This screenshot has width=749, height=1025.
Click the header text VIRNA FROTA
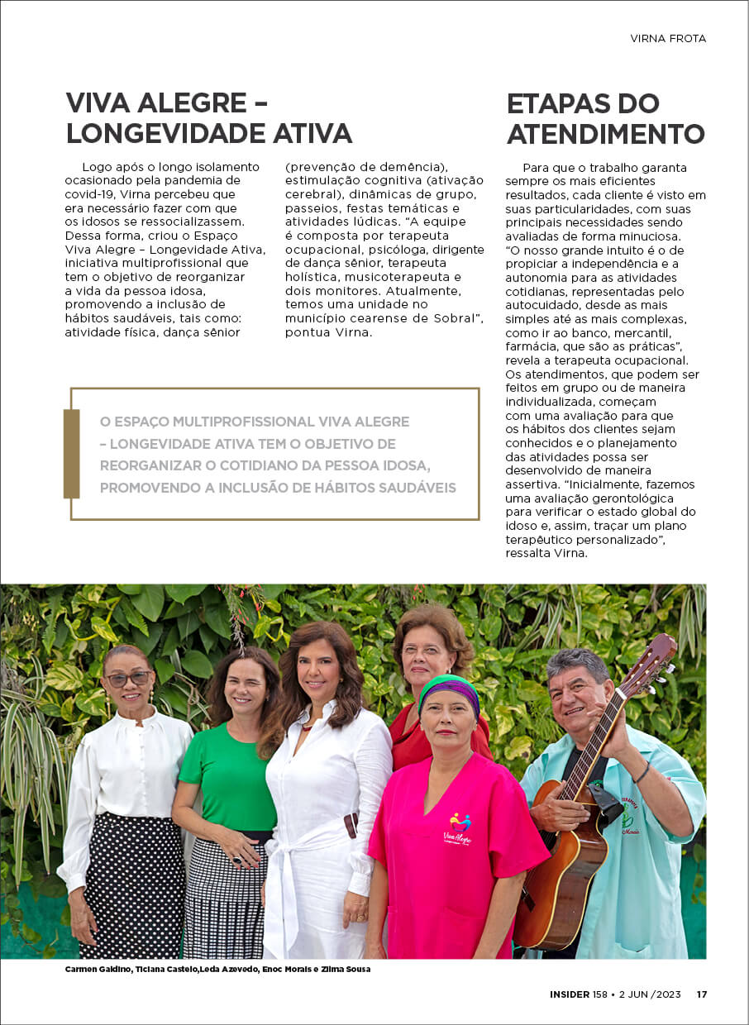pos(668,38)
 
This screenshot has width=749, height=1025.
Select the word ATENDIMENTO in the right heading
pos(605,134)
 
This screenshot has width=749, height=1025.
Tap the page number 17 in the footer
pos(701,994)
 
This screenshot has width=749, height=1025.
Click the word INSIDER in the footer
pos(570,994)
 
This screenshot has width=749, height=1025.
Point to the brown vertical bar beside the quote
pos(72,454)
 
